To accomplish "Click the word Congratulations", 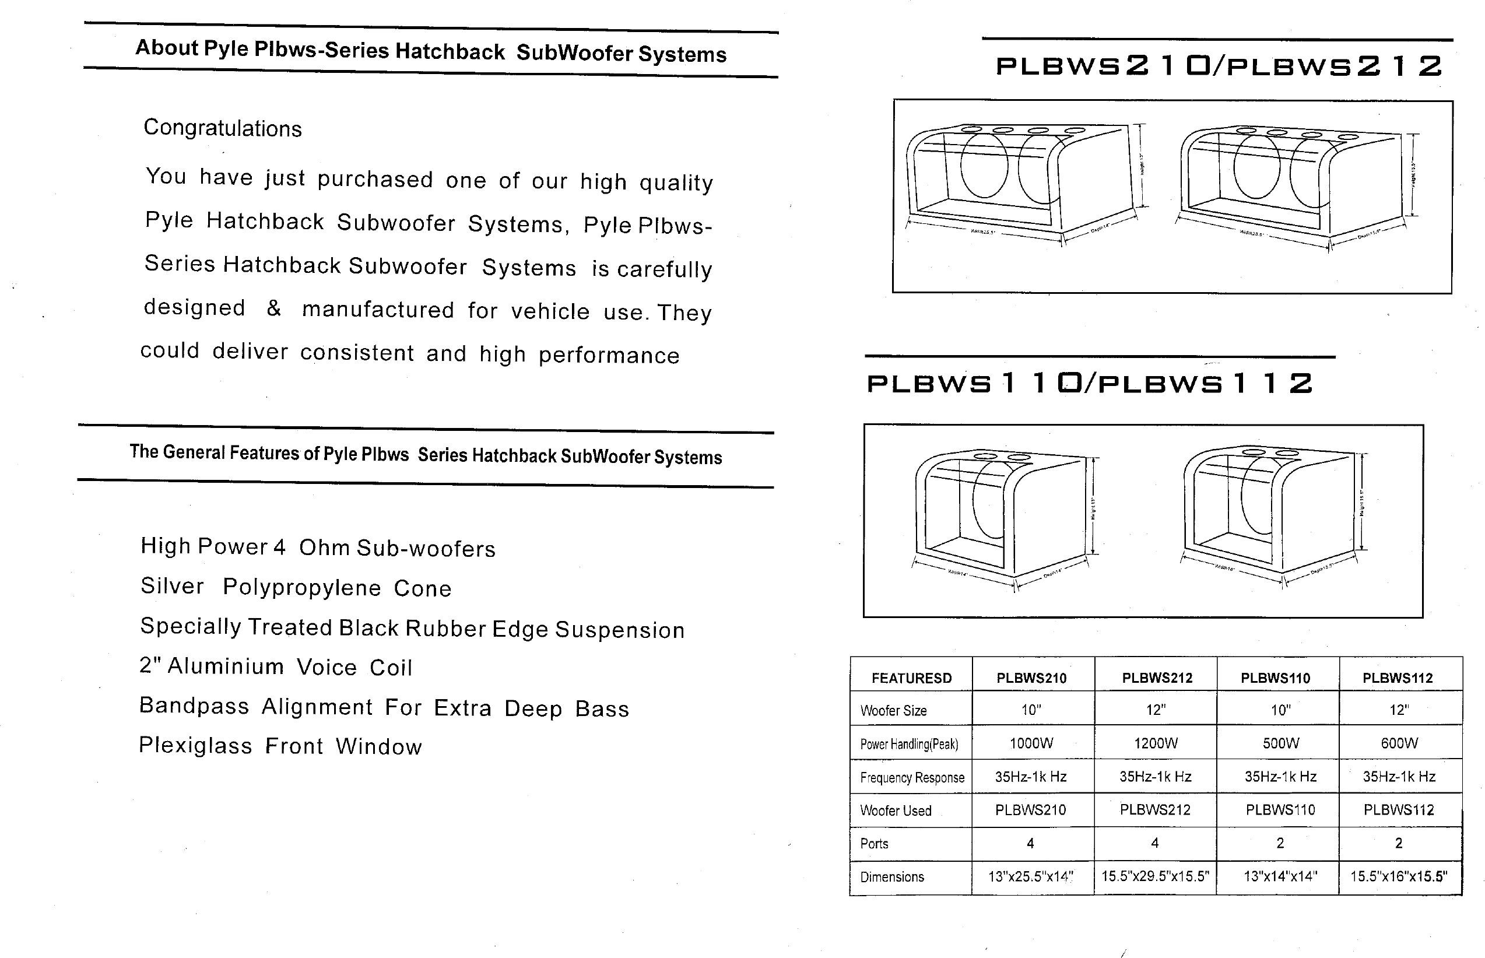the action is pos(223,128).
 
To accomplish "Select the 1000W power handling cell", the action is pos(1031,743).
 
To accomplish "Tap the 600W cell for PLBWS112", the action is pos(1399,743).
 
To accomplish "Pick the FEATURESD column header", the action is pos(911,678).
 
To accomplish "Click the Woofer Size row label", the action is pos(893,710).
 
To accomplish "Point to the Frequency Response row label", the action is pos(912,777).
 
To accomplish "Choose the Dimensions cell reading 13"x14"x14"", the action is pos(1280,876).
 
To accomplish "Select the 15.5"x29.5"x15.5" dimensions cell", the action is pos(1155,876).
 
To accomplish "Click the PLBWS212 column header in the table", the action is pos(1157,678).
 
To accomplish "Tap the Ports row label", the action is pos(874,844).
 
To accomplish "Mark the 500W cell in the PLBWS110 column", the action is pos(1280,743).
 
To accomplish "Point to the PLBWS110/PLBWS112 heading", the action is pos(1090,383).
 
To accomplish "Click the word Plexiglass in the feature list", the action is pos(195,745).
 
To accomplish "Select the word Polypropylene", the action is pos(301,587).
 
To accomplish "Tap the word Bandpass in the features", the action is pos(194,706).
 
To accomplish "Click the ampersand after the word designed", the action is pos(273,308).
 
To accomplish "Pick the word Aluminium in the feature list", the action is pos(225,666).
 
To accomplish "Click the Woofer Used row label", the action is pos(896,810).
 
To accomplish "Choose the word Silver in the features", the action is pos(172,586).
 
